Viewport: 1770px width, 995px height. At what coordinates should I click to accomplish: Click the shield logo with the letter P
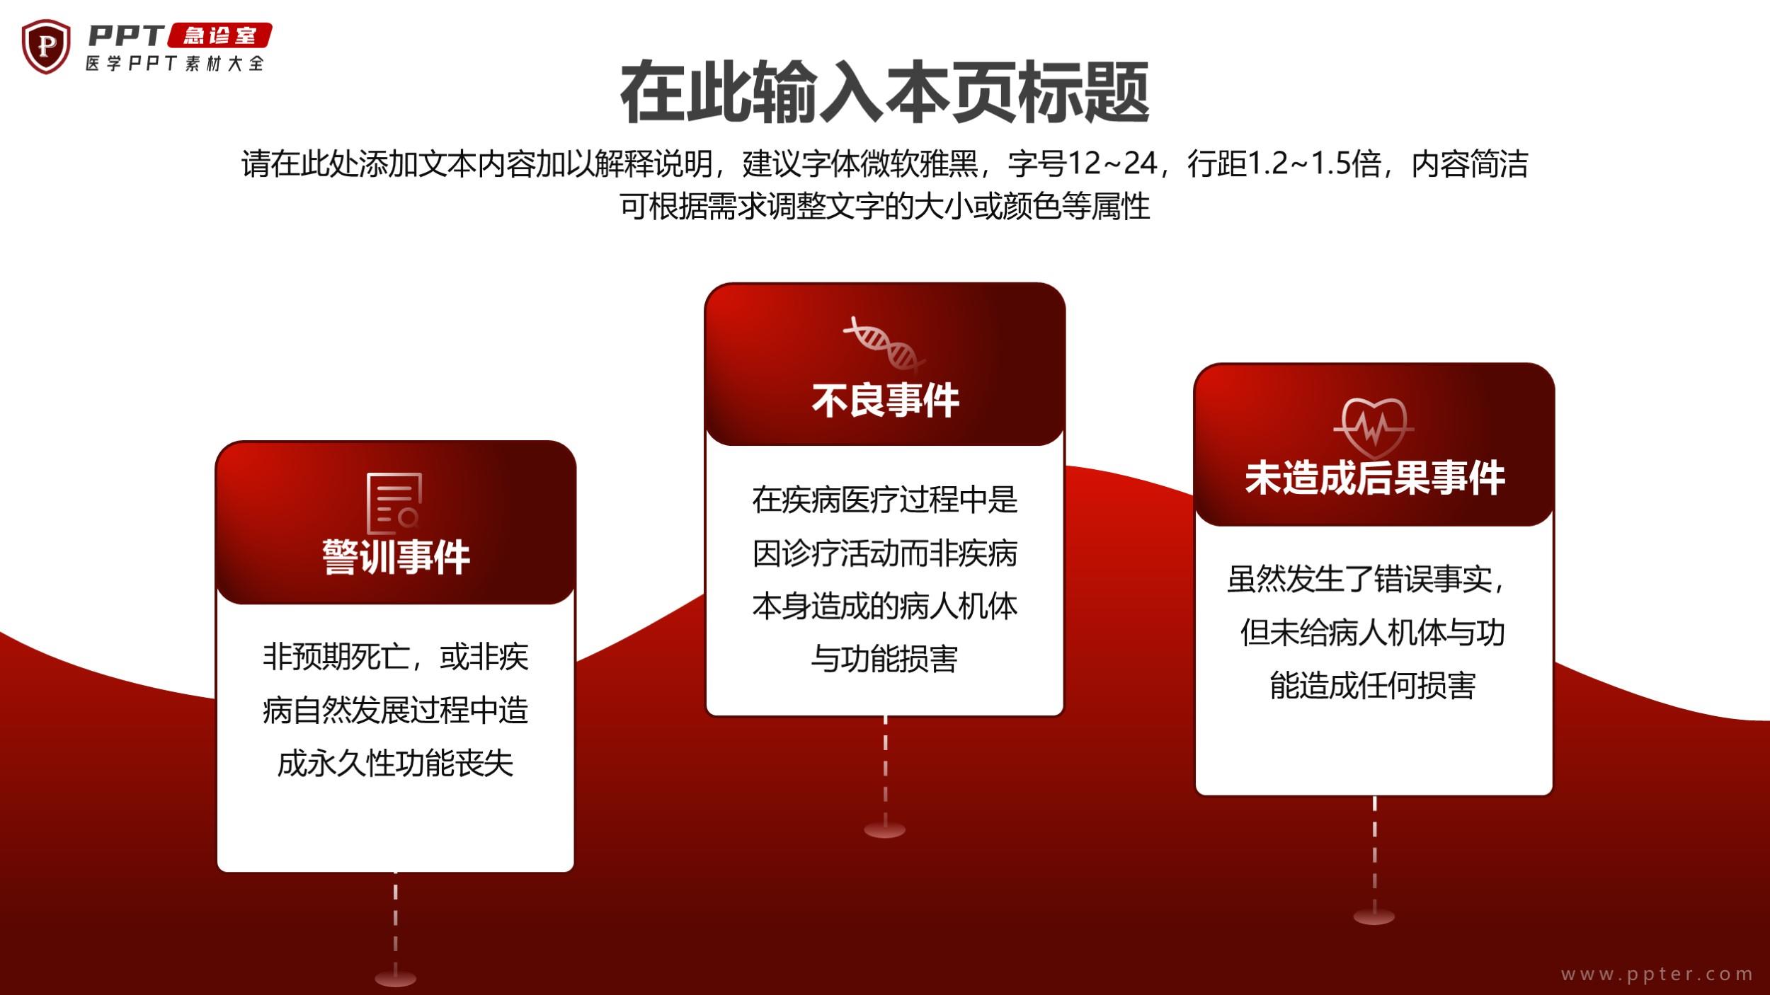(x=46, y=46)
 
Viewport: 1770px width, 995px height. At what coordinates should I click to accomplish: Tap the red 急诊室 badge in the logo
(x=219, y=35)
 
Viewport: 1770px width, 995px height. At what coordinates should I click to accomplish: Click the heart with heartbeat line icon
(x=1374, y=427)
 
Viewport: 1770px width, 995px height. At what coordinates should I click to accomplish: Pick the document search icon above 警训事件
(x=394, y=504)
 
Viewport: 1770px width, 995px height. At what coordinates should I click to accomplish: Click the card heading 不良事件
(x=885, y=401)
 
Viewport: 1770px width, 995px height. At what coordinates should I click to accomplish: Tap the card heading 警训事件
(x=396, y=558)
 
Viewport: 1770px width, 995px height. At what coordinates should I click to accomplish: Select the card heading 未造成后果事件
(x=1374, y=478)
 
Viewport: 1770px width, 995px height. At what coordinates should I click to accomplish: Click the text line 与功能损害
(x=884, y=659)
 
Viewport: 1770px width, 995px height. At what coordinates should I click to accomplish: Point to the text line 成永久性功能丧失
(x=395, y=764)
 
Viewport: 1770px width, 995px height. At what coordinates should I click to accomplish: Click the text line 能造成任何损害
(x=1373, y=685)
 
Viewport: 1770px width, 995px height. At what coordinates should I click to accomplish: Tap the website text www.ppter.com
(x=1657, y=974)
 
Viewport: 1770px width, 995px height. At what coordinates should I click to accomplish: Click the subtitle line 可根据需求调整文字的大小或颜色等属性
(x=884, y=207)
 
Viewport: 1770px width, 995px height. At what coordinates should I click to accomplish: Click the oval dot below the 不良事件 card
(x=885, y=830)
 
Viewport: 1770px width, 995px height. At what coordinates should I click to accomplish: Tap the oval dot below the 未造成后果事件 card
(x=1374, y=917)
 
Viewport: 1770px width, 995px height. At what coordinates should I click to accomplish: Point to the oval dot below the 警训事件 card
(x=395, y=979)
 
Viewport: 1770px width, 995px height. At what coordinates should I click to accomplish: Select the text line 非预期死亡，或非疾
(x=395, y=657)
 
